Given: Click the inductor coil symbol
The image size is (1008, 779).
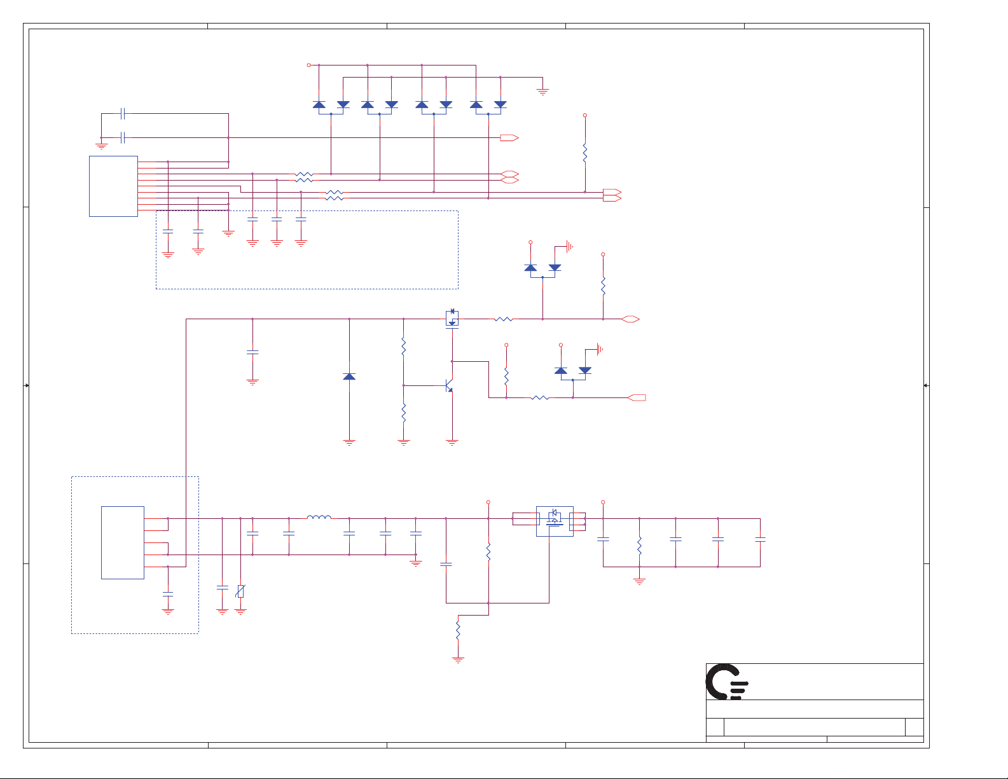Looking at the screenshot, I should (319, 518).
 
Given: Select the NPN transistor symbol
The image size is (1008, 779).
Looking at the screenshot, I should (448, 385).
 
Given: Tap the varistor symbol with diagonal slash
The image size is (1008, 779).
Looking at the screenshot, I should (240, 591).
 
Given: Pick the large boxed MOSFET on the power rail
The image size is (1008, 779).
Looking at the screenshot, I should (555, 521).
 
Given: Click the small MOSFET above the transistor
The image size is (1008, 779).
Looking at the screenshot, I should (452, 318).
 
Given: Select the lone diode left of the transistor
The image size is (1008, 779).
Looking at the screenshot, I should (349, 376).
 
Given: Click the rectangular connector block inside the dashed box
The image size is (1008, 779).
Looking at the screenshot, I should (123, 542).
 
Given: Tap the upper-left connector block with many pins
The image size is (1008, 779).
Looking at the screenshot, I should (113, 186).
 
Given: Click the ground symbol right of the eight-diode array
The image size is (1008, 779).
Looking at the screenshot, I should (542, 92).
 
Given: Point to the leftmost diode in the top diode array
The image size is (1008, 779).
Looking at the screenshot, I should (319, 104).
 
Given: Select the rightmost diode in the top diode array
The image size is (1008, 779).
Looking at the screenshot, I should (501, 104).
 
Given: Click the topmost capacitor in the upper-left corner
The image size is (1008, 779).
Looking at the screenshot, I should (123, 114).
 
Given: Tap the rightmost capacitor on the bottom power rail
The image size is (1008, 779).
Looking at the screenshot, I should (760, 539).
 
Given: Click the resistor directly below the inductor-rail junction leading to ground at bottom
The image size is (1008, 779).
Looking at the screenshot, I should (458, 630).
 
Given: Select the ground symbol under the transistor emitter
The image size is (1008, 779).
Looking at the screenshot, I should (452, 442).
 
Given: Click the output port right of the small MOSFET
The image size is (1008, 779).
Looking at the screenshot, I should (631, 319).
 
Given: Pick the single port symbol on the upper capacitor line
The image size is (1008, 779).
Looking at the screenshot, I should (509, 137).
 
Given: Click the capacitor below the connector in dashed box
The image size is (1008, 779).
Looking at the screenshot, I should (168, 593).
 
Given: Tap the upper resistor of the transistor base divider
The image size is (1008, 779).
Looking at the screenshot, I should (403, 347).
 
